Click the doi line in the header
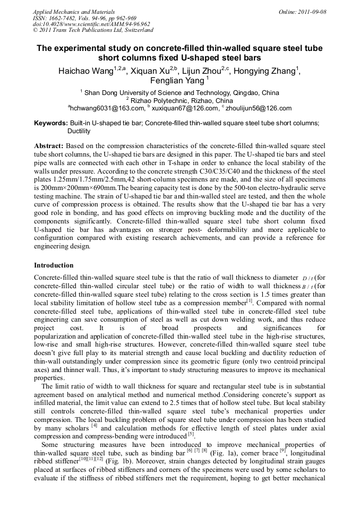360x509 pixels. pos(91,24)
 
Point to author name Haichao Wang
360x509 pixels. pos(84,71)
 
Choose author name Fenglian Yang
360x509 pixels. pos(177,81)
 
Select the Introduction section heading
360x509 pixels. pos(54,265)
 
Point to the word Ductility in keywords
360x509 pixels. pos(79,131)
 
